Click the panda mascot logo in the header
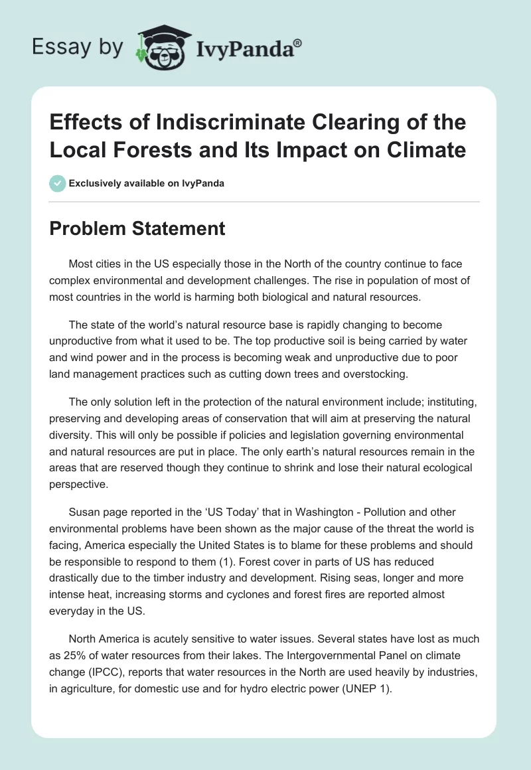pos(159,47)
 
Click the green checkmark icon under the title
pos(58,183)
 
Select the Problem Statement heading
pos(138,229)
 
